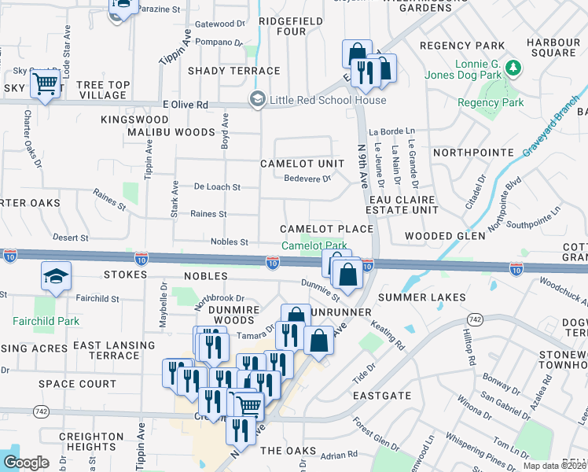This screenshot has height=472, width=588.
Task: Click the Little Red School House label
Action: tap(328, 100)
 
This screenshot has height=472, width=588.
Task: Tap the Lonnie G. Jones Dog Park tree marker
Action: tap(513, 68)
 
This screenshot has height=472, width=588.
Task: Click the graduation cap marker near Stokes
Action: tap(57, 275)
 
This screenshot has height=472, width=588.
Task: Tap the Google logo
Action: tap(26, 463)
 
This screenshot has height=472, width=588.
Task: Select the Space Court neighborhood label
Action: tap(78, 385)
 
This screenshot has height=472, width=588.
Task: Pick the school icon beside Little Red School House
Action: tap(256, 100)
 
